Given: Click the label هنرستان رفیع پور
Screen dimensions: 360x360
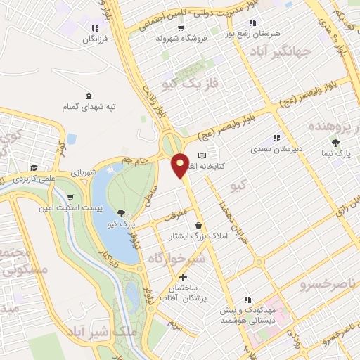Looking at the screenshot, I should [x=252, y=32].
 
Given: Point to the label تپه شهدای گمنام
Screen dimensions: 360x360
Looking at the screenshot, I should [x=88, y=108].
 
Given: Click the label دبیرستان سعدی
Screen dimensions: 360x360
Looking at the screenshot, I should [x=276, y=149].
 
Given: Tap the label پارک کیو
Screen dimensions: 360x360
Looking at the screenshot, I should [x=120, y=224].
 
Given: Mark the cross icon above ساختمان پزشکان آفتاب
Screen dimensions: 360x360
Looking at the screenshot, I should [x=184, y=278].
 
